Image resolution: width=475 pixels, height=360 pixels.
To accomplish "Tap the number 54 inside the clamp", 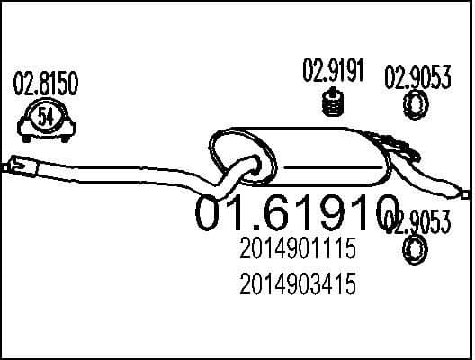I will [46, 116].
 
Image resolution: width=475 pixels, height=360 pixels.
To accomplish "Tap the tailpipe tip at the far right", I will [463, 191].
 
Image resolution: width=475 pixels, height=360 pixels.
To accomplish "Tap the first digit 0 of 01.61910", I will [213, 211].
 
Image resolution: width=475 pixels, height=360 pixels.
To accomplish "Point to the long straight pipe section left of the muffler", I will [117, 168].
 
